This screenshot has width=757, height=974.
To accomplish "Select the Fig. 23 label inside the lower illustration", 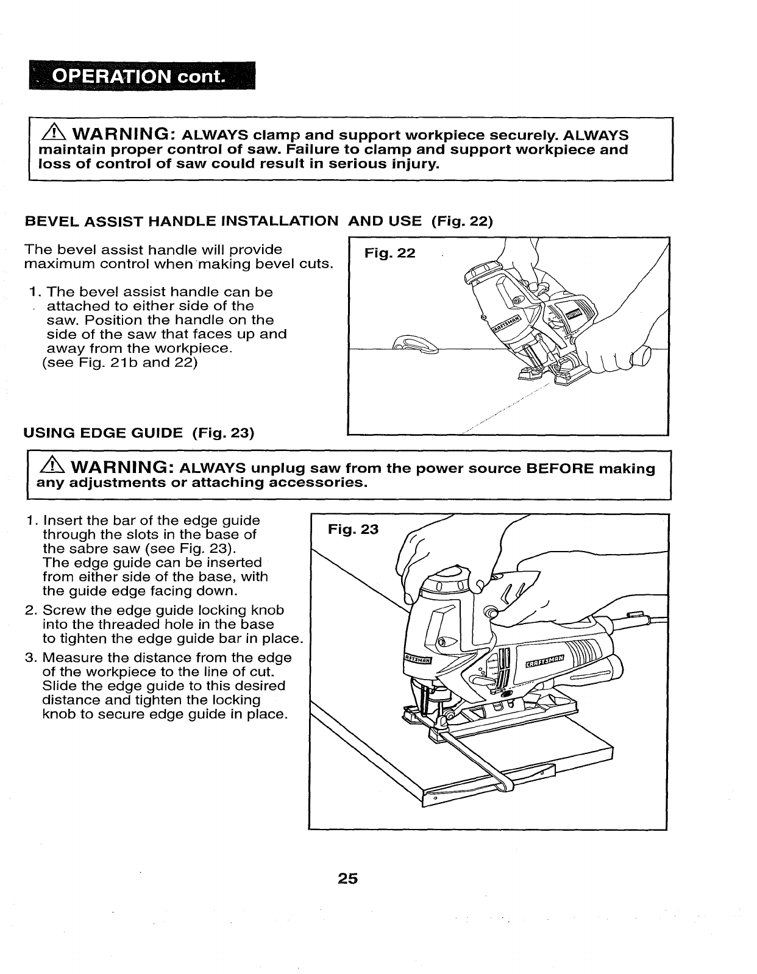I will (353, 529).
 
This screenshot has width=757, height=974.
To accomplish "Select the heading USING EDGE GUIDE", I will (103, 433).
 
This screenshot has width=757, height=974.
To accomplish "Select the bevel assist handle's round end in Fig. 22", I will (641, 355).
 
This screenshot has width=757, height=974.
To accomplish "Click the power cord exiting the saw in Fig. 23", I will (646, 621).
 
